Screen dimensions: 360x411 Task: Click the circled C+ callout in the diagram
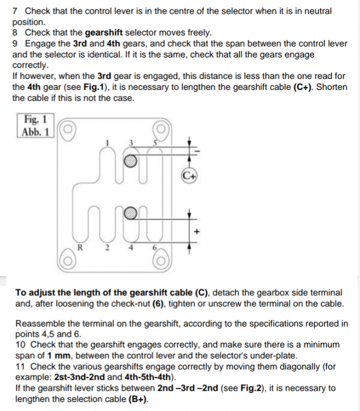coord(188,176)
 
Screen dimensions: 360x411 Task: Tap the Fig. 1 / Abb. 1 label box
coord(36,125)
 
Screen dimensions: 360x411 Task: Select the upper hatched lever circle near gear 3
coord(130,161)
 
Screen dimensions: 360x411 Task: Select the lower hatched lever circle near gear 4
coord(130,213)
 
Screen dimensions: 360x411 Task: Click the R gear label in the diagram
coord(80,248)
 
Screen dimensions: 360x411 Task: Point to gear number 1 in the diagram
coord(107,143)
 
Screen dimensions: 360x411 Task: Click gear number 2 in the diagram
coord(107,248)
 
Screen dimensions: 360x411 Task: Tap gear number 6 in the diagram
coord(155,248)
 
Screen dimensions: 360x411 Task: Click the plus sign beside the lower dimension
coord(197,231)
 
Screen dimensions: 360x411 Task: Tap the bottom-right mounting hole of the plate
coord(161,261)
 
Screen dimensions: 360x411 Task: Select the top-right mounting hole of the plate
coord(161,129)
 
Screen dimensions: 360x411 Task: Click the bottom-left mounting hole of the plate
coord(68,261)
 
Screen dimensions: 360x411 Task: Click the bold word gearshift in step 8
coord(104,33)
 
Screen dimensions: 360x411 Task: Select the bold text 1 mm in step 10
coord(59,356)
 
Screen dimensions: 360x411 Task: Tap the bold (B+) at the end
coord(138,399)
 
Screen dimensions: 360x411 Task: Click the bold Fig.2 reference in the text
coord(251,388)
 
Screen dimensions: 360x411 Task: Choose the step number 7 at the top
coord(15,12)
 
